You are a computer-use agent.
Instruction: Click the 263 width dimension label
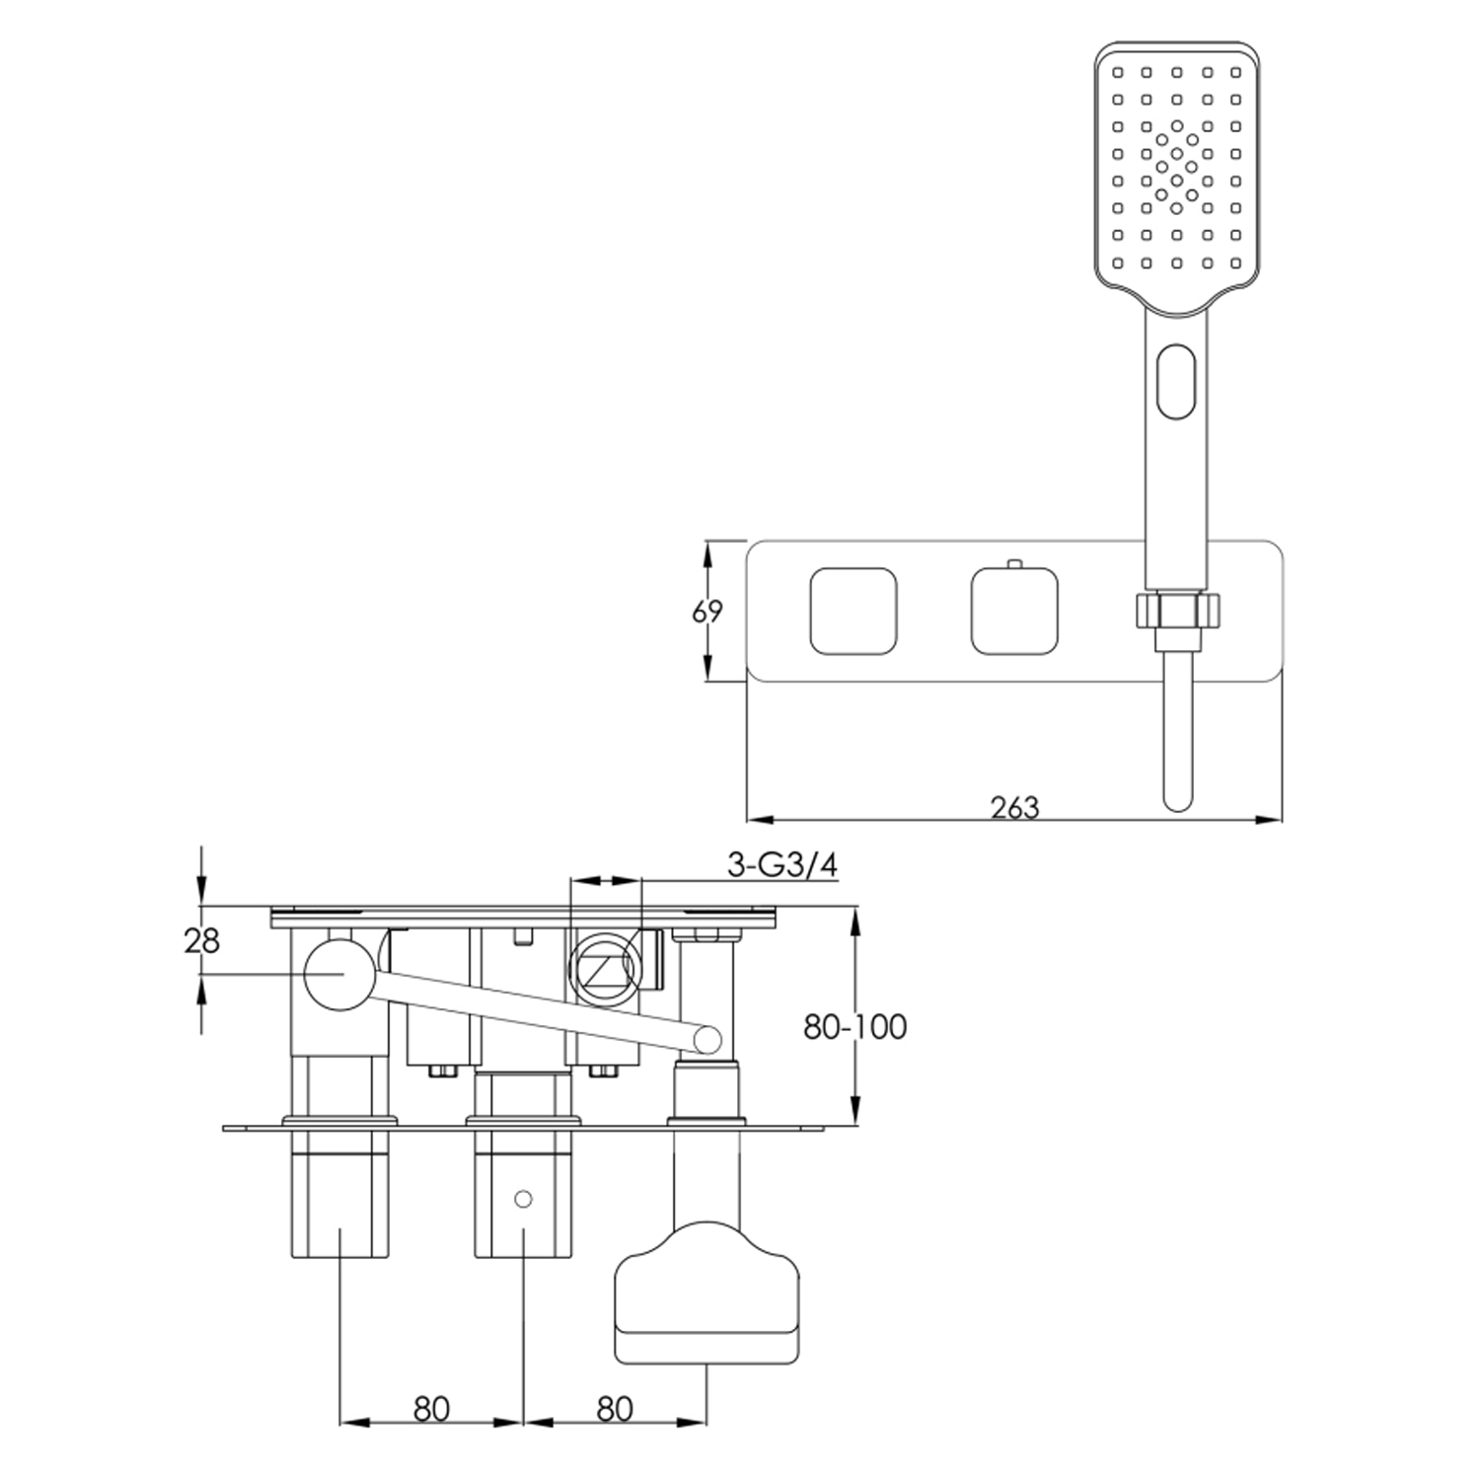click(x=1015, y=807)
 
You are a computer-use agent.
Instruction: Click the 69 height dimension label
click(x=707, y=612)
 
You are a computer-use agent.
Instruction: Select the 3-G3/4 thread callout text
click(x=782, y=865)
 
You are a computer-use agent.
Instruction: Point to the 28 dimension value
click(x=202, y=941)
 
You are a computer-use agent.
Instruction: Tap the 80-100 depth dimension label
click(x=854, y=1027)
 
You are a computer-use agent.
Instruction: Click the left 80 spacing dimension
click(x=431, y=1409)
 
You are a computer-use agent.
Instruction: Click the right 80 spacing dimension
click(x=614, y=1409)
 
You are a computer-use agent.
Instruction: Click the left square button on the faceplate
click(x=853, y=611)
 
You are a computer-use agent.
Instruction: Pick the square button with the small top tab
click(x=1014, y=611)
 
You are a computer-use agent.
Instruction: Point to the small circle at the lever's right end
click(x=707, y=1039)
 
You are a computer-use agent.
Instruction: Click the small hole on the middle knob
click(x=523, y=1200)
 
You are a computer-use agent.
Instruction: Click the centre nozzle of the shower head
click(x=1176, y=164)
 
